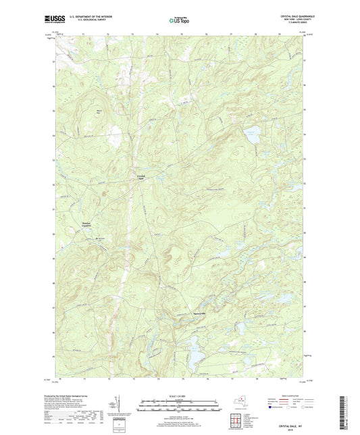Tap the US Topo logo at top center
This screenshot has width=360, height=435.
click(180, 20)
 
